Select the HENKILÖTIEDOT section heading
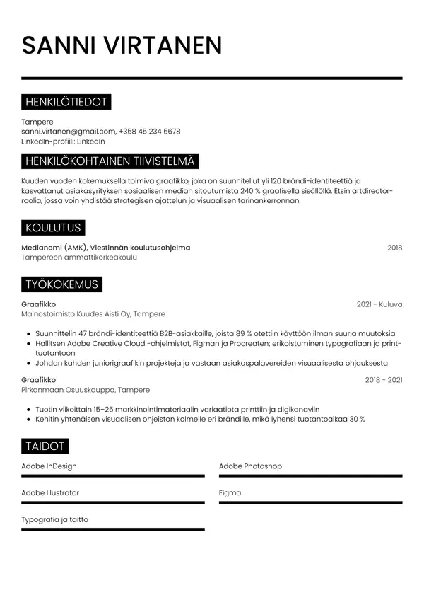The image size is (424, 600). click(x=66, y=103)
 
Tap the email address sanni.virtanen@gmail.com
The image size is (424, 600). click(x=68, y=132)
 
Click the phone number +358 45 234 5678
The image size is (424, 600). click(x=150, y=132)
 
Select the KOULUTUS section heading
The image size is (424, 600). click(x=53, y=228)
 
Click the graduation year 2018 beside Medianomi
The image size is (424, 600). click(x=394, y=248)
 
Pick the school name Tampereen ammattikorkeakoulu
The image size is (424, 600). click(x=79, y=258)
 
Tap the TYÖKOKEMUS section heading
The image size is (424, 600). click(x=61, y=284)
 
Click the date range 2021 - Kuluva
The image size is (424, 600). click(x=379, y=304)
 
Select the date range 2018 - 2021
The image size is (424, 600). click(x=384, y=380)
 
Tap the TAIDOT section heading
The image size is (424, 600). click(x=45, y=446)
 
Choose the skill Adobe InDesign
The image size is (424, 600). click(x=49, y=466)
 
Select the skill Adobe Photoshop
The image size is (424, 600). click(x=250, y=466)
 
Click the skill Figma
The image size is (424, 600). click(x=230, y=493)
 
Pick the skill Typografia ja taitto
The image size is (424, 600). click(x=54, y=520)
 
